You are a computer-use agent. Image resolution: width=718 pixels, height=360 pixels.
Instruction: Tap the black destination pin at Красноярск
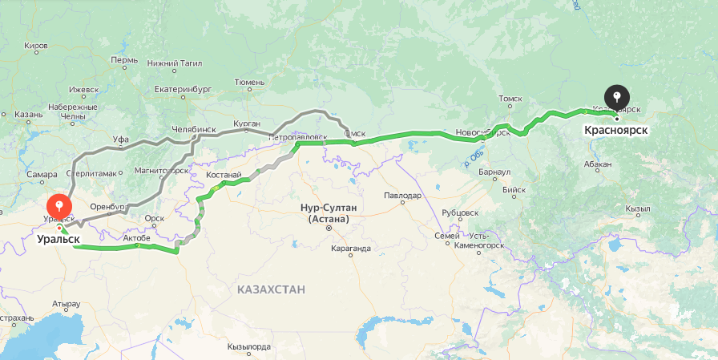[x=616, y=99]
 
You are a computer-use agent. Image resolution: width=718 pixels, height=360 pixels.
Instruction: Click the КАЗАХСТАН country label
[x=271, y=289]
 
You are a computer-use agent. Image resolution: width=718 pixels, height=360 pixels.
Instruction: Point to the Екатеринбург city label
[x=182, y=89]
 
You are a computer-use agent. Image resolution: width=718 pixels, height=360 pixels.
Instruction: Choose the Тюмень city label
[x=249, y=82]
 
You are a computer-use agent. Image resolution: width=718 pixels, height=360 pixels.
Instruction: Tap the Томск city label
[x=510, y=99]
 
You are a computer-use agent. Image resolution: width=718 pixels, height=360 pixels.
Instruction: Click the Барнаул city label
[x=494, y=172]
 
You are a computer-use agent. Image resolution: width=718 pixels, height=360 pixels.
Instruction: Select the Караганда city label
[x=350, y=249]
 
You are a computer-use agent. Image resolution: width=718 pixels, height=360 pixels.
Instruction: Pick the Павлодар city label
[x=402, y=196]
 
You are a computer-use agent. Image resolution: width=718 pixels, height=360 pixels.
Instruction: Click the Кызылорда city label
[x=248, y=347]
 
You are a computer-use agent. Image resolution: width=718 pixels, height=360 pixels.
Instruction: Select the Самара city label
[x=41, y=174]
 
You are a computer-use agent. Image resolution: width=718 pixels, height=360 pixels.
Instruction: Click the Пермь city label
[x=124, y=60]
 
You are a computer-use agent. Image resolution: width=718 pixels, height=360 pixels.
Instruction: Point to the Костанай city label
[x=223, y=174]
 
